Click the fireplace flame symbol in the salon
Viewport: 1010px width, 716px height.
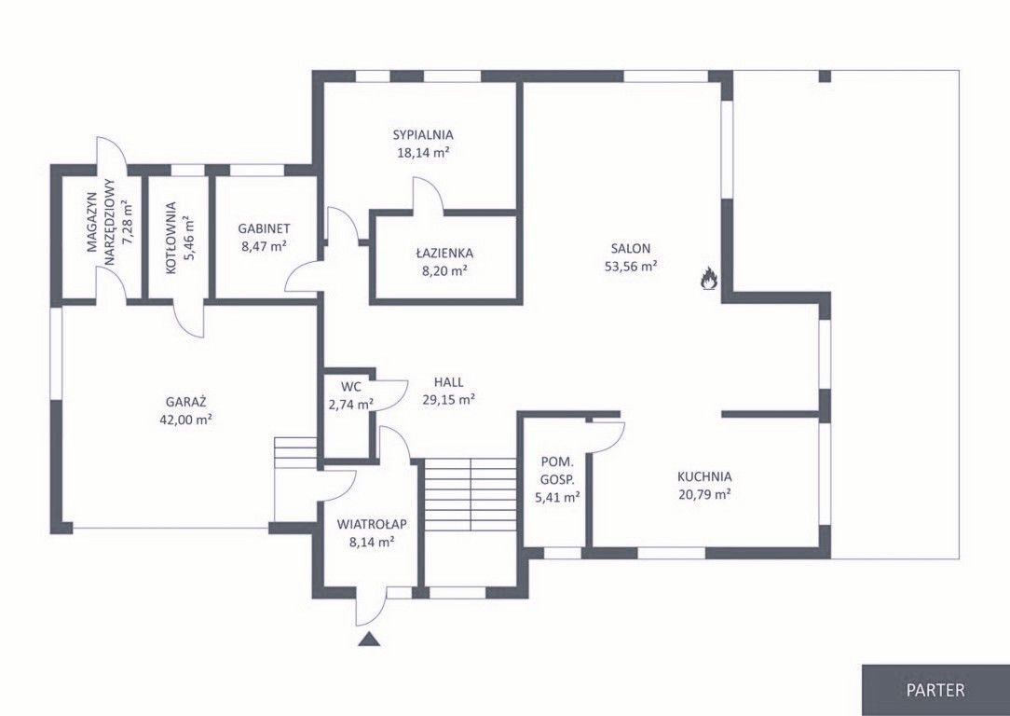click(709, 279)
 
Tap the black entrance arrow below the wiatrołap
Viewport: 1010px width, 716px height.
click(368, 639)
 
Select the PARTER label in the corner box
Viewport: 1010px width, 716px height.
click(935, 690)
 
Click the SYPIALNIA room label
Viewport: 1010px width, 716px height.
click(423, 135)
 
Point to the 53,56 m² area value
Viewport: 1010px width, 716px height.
click(631, 266)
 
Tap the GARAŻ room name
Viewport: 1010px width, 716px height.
click(186, 402)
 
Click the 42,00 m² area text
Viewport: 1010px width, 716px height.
click(186, 420)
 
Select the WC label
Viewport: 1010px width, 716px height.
click(351, 387)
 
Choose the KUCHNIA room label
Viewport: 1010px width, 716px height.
click(704, 477)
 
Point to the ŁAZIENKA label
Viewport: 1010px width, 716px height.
click(444, 253)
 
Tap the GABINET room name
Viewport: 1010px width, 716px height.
click(264, 228)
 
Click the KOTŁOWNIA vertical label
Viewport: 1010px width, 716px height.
click(171, 239)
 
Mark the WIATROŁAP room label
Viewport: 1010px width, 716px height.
click(373, 525)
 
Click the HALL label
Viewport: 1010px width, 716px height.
click(448, 382)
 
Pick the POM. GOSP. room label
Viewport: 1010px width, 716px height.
click(558, 471)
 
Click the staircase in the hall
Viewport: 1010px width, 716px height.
click(471, 495)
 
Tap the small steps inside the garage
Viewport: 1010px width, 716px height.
click(295, 453)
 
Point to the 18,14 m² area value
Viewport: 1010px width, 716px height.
click(423, 153)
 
